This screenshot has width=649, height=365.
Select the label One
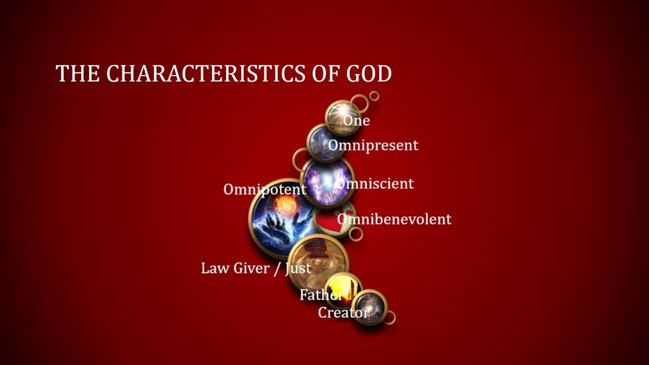[356, 121]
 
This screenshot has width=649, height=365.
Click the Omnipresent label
[373, 145]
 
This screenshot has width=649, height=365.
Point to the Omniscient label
[376, 184]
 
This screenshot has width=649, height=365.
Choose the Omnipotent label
[265, 190]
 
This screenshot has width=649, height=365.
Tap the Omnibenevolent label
[394, 220]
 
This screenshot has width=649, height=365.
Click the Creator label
[343, 312]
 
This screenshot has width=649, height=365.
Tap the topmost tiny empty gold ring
[374, 95]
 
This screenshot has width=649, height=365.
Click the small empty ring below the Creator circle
[390, 318]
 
